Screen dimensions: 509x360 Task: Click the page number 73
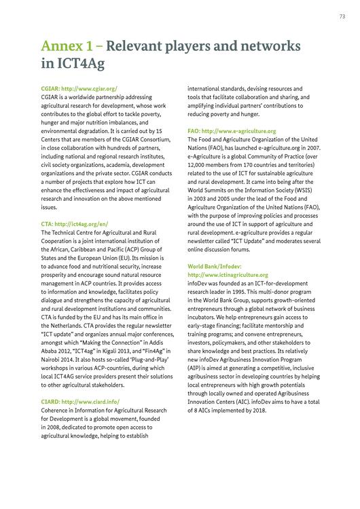[x=342, y=16]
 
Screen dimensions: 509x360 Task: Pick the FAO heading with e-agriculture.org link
[x=232, y=130]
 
